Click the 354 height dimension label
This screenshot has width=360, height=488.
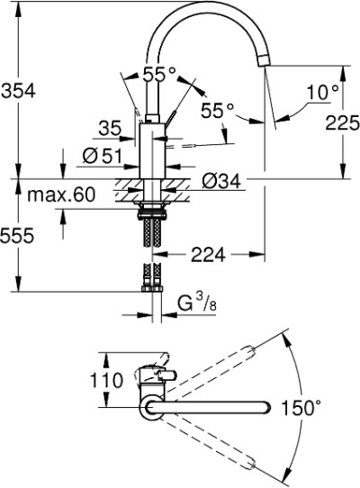click(x=18, y=91)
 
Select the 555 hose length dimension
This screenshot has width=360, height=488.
click(x=17, y=236)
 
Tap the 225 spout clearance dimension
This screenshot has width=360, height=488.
click(x=343, y=122)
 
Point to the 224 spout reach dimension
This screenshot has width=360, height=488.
click(x=208, y=255)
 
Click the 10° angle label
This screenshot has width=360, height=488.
click(x=323, y=93)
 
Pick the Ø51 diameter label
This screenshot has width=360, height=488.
click(x=103, y=155)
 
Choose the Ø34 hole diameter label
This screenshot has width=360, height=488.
click(x=221, y=181)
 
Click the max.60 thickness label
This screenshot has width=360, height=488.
click(x=61, y=194)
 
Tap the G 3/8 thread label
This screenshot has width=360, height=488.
click(x=197, y=303)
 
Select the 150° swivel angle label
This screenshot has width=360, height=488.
click(x=301, y=407)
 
